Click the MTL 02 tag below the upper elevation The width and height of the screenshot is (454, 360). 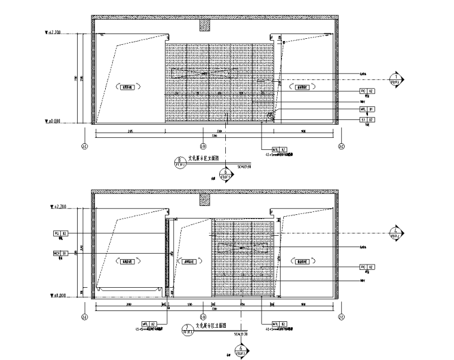coord(280,149)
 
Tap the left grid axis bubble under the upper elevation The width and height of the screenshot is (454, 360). coord(84,146)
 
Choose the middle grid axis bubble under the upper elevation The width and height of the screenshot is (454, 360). coord(203,146)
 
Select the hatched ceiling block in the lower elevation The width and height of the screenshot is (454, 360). coord(205,199)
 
